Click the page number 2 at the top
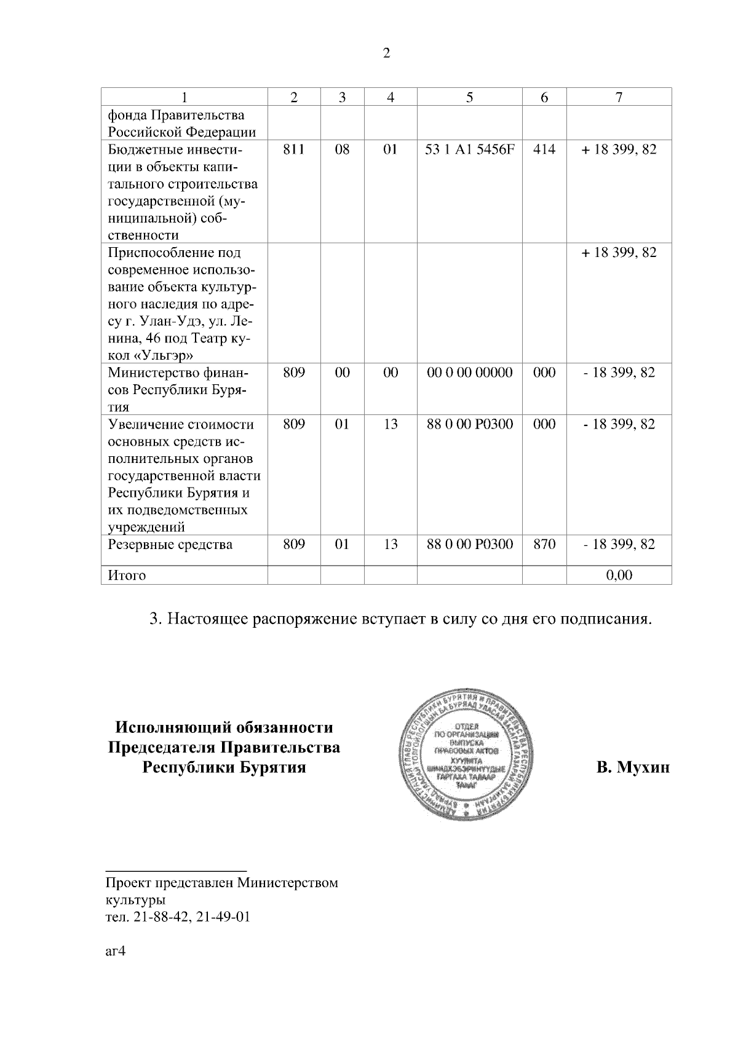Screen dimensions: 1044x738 pyautogui.click(x=386, y=53)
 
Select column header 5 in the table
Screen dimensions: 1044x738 pyautogui.click(x=469, y=97)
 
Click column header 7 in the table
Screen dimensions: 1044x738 pyautogui.click(x=619, y=97)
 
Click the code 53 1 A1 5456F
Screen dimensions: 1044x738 pyautogui.click(x=469, y=149)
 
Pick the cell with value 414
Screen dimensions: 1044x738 pyautogui.click(x=544, y=149)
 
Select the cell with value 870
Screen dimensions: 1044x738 pyautogui.click(x=544, y=544)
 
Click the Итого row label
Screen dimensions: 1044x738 pyautogui.click(x=127, y=575)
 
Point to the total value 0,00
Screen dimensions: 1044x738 pyautogui.click(x=619, y=575)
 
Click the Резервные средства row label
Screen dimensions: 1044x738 pyautogui.click(x=170, y=544)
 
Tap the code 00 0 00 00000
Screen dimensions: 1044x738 pyautogui.click(x=469, y=373)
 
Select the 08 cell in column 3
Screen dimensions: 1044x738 pyautogui.click(x=342, y=149)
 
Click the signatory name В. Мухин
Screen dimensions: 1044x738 pyautogui.click(x=633, y=768)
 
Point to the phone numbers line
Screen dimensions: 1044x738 pyautogui.click(x=178, y=917)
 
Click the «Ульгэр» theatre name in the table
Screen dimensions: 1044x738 pyautogui.click(x=165, y=355)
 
